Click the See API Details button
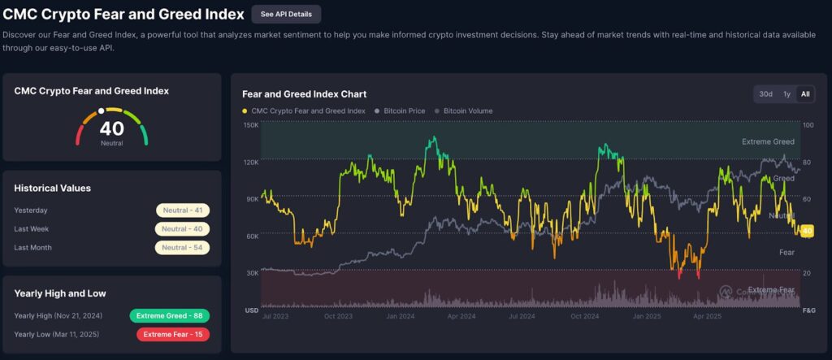coord(286,15)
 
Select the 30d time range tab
coord(765,94)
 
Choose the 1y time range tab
coord(786,94)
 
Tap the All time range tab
coord(805,94)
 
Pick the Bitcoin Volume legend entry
coord(464,111)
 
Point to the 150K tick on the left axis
coord(251,125)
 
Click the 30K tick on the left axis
coord(252,272)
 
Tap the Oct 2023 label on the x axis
coord(338,316)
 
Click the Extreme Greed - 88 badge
coord(169,315)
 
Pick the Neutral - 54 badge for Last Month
coord(184,247)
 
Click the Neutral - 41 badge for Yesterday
coord(184,210)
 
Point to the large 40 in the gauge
coord(112,128)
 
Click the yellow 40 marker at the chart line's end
coord(807,231)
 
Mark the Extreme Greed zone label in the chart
coord(768,141)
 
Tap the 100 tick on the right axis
coord(807,125)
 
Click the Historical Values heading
coord(52,188)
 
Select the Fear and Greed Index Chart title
coord(304,94)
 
